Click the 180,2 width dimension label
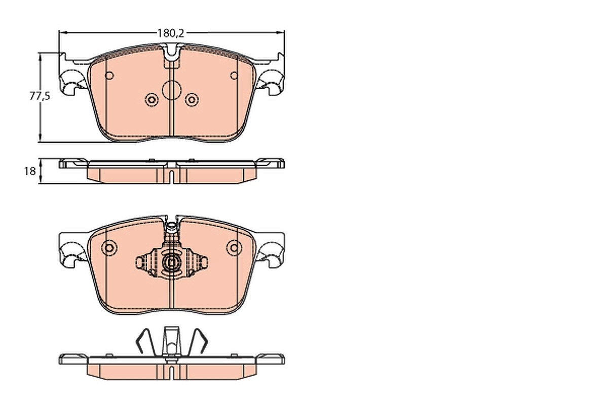(x=171, y=33)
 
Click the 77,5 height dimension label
(x=40, y=96)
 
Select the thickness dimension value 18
(x=30, y=172)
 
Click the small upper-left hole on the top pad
(x=109, y=75)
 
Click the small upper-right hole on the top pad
(x=234, y=75)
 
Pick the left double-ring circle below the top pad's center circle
(x=151, y=100)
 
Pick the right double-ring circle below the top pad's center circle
(x=192, y=100)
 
